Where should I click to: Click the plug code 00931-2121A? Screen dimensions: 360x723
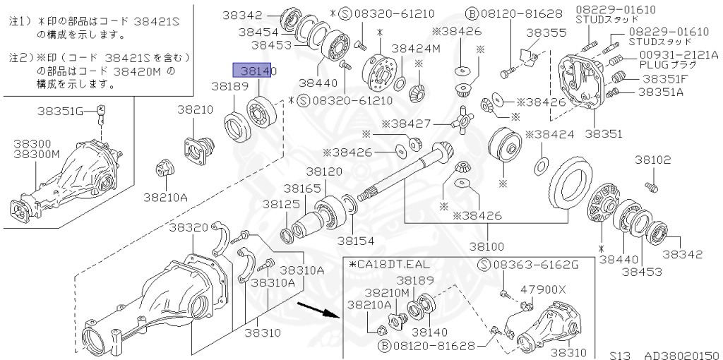(x=679, y=54)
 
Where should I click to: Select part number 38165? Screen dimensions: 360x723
(x=301, y=188)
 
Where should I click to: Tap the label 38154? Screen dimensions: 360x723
(x=355, y=241)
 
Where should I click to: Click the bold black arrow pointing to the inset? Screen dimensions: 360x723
(x=315, y=310)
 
